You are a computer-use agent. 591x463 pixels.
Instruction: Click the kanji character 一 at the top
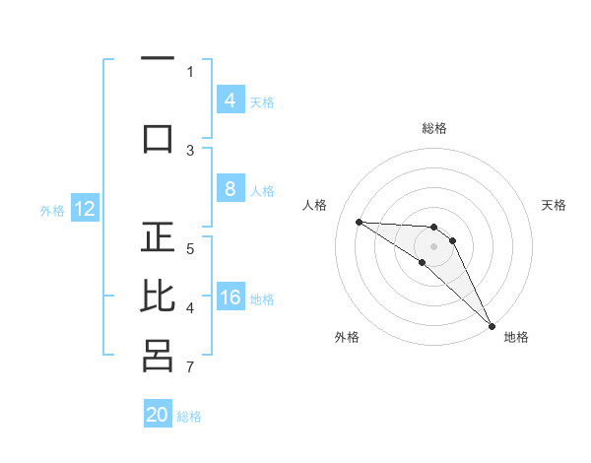click(x=158, y=58)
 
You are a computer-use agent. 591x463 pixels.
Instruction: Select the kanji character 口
click(x=158, y=137)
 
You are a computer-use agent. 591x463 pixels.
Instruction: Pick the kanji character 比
click(x=158, y=297)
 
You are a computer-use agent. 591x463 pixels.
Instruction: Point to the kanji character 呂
click(x=158, y=356)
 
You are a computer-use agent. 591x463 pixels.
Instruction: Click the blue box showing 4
click(x=230, y=100)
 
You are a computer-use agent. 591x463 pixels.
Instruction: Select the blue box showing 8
click(x=230, y=189)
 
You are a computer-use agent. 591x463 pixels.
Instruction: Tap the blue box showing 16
click(x=230, y=298)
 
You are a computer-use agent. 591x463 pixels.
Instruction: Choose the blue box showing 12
click(x=85, y=209)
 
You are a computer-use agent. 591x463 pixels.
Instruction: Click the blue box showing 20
click(x=158, y=415)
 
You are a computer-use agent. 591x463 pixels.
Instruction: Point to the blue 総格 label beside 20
click(x=190, y=417)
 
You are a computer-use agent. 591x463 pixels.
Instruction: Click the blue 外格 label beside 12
click(x=52, y=210)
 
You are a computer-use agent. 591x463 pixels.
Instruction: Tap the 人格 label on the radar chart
click(x=315, y=205)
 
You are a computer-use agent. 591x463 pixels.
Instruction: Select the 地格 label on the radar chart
click(x=516, y=337)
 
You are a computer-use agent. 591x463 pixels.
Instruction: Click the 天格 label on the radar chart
click(x=555, y=205)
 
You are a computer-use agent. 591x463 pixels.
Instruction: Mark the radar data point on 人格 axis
click(x=359, y=222)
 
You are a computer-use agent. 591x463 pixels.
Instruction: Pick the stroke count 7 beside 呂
click(x=190, y=368)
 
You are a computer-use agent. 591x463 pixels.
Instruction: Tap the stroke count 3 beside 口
click(x=190, y=150)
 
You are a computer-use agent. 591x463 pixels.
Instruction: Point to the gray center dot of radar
click(x=434, y=246)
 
